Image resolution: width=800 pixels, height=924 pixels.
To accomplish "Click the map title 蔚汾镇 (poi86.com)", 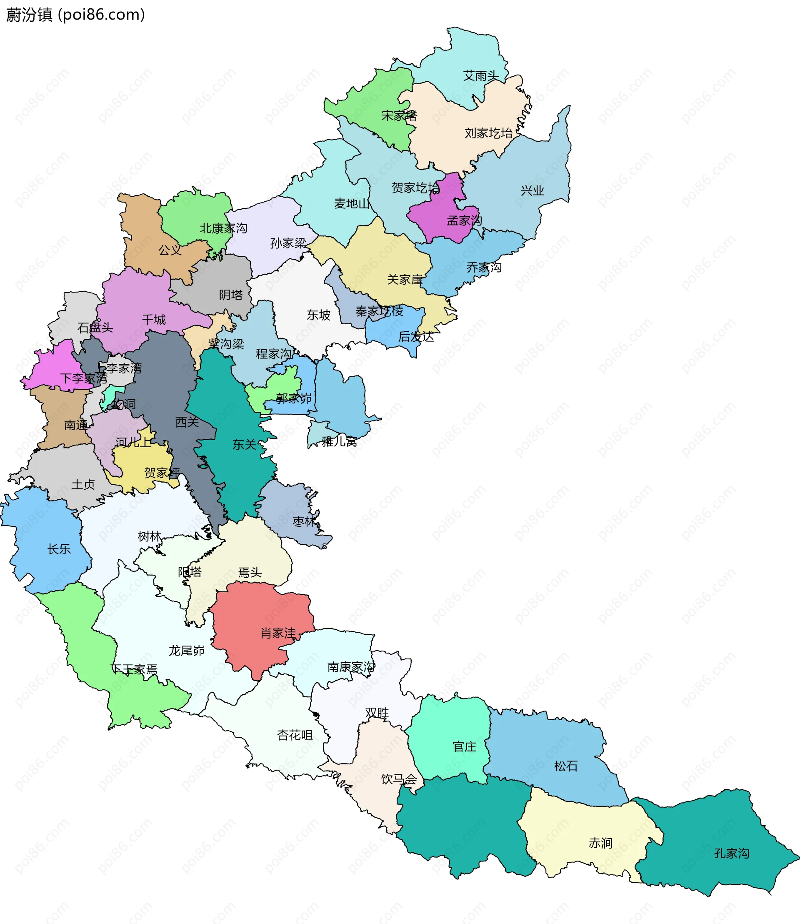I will [x=75, y=15].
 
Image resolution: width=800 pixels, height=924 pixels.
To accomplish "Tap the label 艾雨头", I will [x=480, y=76].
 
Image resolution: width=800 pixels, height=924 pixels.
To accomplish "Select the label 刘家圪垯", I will [x=488, y=133].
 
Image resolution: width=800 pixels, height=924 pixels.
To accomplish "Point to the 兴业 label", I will [x=532, y=191].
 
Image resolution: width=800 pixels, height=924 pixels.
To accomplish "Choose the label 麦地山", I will [x=352, y=204].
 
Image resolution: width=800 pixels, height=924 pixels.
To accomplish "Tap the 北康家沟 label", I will [x=223, y=228].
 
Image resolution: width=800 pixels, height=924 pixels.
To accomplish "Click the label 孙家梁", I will [x=288, y=243].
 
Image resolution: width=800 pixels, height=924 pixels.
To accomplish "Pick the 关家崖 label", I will [x=405, y=280].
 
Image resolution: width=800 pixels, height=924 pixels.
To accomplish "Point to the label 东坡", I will [x=318, y=315].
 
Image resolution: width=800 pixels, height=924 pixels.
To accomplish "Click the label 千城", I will [x=154, y=319].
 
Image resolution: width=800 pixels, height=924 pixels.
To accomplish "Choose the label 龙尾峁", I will [x=186, y=650].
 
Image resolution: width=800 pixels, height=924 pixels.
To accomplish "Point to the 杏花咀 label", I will [x=295, y=735].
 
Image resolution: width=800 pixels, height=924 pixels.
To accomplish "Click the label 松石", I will [x=566, y=766].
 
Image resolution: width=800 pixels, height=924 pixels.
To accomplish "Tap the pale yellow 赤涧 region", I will [x=589, y=839].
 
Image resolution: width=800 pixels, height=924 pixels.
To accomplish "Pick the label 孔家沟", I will [x=731, y=854].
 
